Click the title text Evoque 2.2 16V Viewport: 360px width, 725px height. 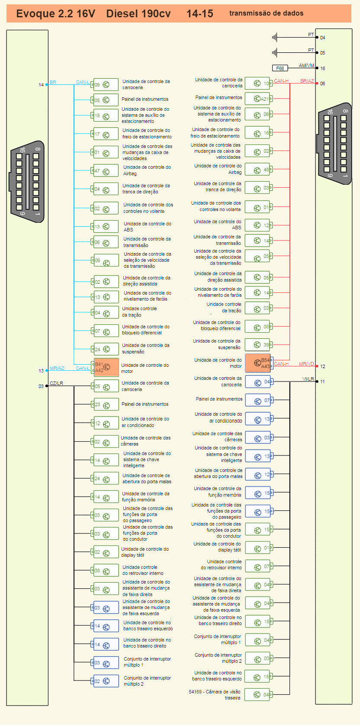pyautogui.click(x=55, y=14)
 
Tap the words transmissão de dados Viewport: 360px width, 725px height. pyautogui.click(x=266, y=13)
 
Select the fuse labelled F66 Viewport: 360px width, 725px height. pyautogui.click(x=280, y=68)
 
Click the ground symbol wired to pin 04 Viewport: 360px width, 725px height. pyautogui.click(x=274, y=38)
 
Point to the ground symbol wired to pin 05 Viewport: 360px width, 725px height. pyautogui.click(x=274, y=53)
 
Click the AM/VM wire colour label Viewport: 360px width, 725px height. pyautogui.click(x=306, y=66)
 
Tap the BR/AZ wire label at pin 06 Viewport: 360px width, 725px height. pyautogui.click(x=307, y=81)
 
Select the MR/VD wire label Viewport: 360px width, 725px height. pyautogui.click(x=306, y=364)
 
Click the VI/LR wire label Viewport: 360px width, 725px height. pyautogui.click(x=308, y=379)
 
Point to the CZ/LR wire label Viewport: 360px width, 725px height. pyautogui.click(x=56, y=383)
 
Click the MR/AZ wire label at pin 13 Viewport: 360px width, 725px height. pyautogui.click(x=57, y=368)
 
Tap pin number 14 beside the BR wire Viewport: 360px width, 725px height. pyautogui.click(x=41, y=85)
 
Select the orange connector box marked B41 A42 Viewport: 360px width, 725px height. pyautogui.click(x=106, y=367)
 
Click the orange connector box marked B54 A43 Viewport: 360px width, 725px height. pyautogui.click(x=258, y=363)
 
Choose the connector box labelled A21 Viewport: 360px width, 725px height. pyautogui.click(x=258, y=99)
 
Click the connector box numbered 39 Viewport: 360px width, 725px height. pyautogui.click(x=258, y=345)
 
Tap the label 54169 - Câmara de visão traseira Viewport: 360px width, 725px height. pyautogui.click(x=215, y=694)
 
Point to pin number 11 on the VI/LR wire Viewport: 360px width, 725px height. pyautogui.click(x=322, y=382)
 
